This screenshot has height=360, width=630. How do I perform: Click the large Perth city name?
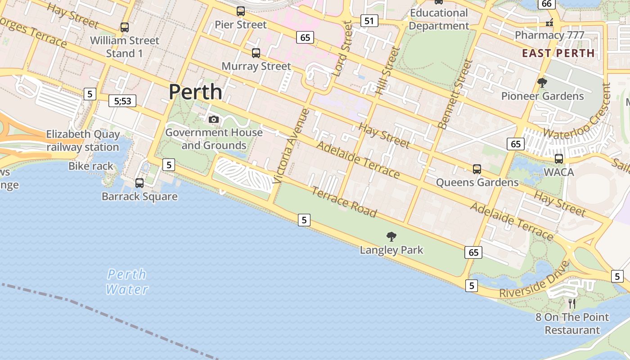point(195,92)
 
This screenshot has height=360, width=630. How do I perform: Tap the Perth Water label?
point(127,282)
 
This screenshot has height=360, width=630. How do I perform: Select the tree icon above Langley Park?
point(391,236)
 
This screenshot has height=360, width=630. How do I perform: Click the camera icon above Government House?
point(214,119)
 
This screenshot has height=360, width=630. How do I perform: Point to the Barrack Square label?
point(139,197)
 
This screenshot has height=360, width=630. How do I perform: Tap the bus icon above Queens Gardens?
point(477,169)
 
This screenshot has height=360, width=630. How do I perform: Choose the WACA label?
point(558,172)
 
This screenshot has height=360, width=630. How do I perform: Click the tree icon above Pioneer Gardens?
point(542,83)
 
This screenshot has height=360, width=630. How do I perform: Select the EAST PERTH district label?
point(558,53)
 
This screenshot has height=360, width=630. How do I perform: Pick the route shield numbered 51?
point(369,21)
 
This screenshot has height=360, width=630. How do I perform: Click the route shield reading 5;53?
point(122,101)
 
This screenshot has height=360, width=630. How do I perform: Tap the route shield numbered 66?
point(546,4)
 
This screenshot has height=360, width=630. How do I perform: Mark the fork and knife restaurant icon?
point(572,304)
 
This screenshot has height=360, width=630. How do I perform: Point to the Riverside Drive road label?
point(534,281)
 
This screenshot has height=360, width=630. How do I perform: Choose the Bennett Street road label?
point(455,94)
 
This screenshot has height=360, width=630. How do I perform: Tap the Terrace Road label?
point(344,202)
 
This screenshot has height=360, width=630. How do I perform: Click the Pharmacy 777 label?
point(549,35)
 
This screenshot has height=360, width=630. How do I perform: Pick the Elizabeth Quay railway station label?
point(83,140)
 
